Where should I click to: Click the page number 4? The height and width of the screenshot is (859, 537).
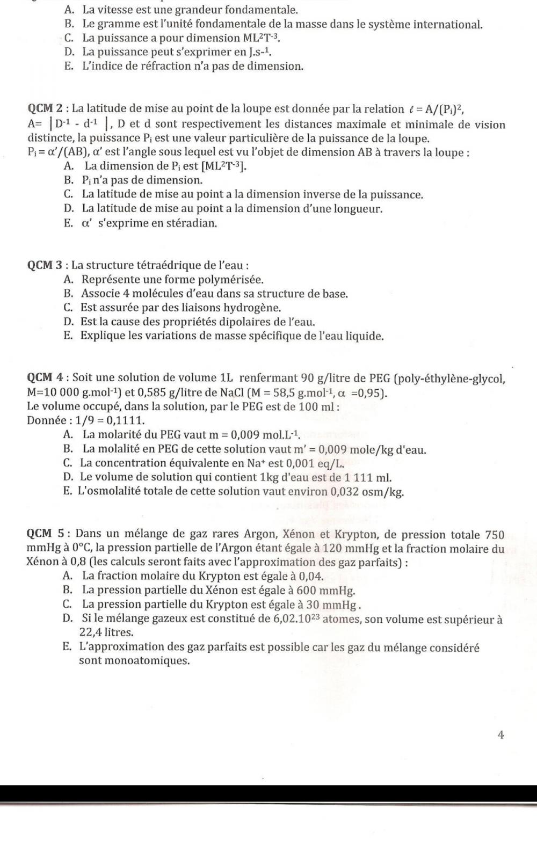pyautogui.click(x=500, y=736)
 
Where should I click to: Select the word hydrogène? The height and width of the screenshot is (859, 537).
pyautogui.click(x=252, y=308)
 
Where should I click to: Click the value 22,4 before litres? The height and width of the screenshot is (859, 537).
pyautogui.click(x=90, y=632)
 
